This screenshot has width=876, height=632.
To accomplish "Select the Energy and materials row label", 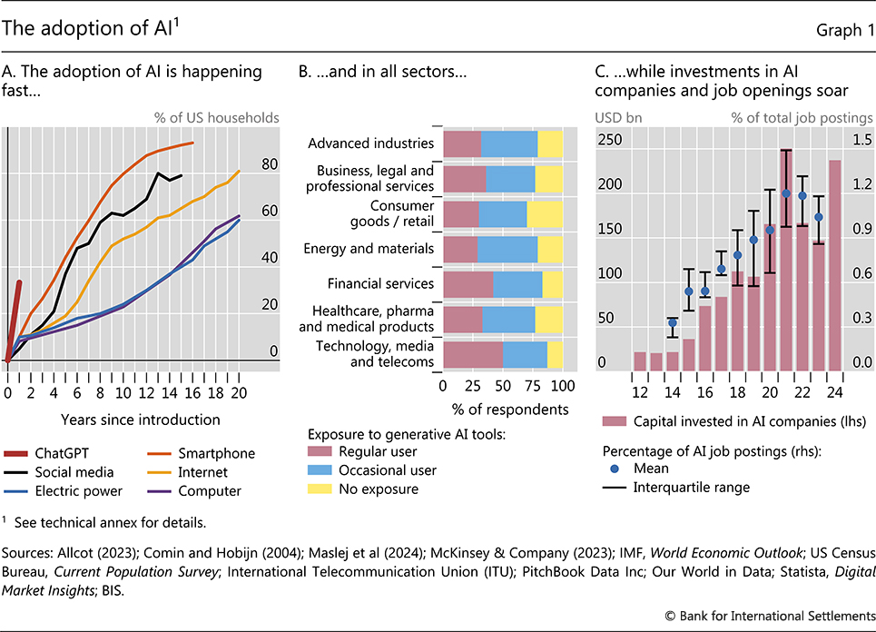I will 369,249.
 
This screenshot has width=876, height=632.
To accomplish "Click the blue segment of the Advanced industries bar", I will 508,144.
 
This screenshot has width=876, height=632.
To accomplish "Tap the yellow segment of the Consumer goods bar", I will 545,214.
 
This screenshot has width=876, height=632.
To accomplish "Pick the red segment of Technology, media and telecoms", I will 472,354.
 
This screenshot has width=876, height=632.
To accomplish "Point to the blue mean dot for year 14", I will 673,322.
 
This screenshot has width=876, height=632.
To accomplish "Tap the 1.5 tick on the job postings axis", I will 861,140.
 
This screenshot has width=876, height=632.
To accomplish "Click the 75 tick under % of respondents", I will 533,386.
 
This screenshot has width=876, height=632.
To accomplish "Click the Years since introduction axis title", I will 141,420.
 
